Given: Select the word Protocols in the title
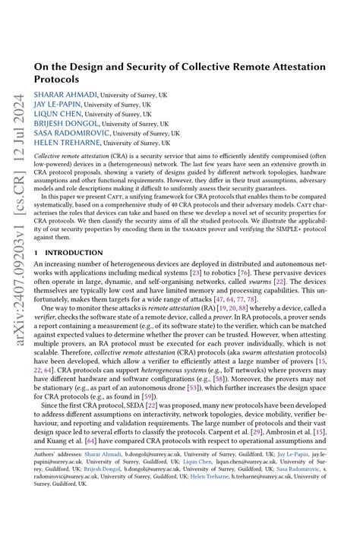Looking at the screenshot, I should [x=56, y=79].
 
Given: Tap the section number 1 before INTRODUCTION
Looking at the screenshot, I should [x=36, y=252].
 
